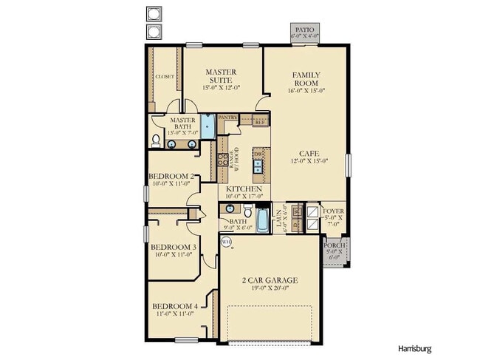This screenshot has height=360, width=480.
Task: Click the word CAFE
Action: click(x=309, y=154)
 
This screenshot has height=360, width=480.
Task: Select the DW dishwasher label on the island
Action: click(x=258, y=154)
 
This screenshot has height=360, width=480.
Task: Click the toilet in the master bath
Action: click(x=157, y=139)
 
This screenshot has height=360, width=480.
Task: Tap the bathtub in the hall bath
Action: click(x=264, y=220)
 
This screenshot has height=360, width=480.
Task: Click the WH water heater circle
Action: click(x=226, y=241)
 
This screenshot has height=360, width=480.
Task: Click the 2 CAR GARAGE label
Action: click(x=270, y=280)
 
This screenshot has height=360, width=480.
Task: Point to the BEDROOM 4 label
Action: click(x=174, y=306)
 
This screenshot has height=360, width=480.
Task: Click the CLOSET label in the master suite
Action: click(x=164, y=76)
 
